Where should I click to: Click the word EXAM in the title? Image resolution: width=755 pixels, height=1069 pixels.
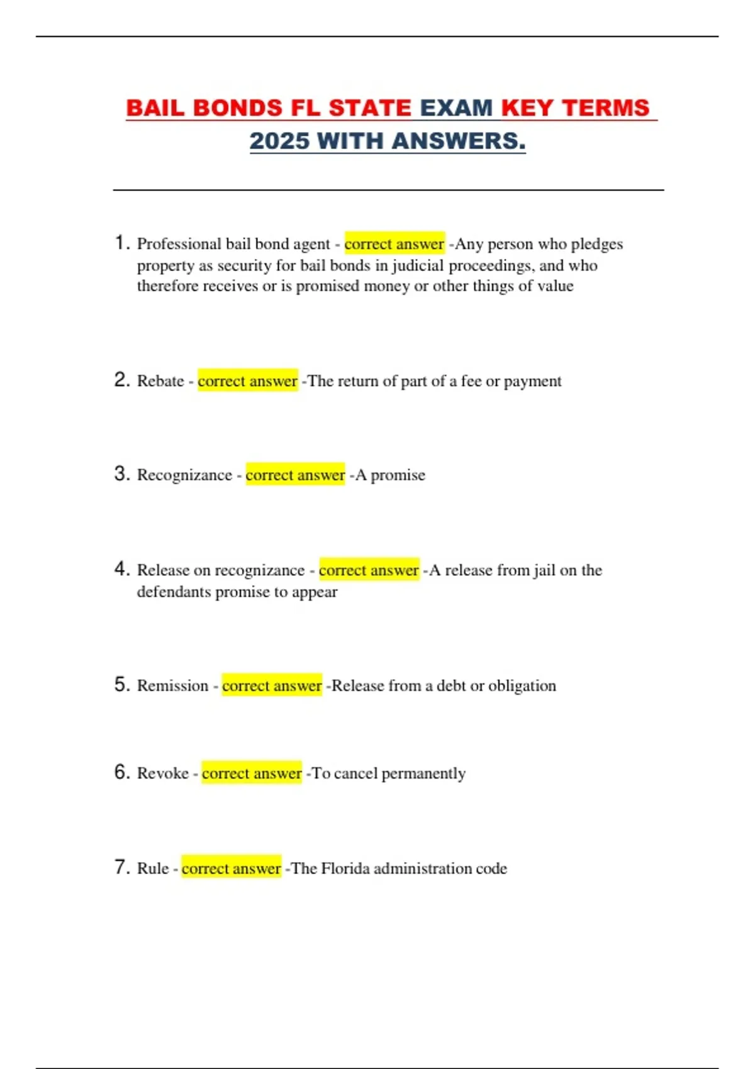pyautogui.click(x=456, y=108)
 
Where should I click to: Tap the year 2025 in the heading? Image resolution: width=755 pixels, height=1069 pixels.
pyautogui.click(x=279, y=141)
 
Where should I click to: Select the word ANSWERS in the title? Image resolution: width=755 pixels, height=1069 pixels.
pyautogui.click(x=459, y=141)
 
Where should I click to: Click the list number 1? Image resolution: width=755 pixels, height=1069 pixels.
pyautogui.click(x=122, y=243)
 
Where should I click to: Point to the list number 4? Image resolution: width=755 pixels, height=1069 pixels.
pyautogui.click(x=122, y=569)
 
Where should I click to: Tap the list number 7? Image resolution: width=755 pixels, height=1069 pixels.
pyautogui.click(x=122, y=867)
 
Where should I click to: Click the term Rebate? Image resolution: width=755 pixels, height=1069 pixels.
pyautogui.click(x=160, y=381)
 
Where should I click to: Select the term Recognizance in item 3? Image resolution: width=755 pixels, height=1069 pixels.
pyautogui.click(x=184, y=475)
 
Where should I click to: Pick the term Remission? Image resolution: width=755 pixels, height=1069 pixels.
pyautogui.click(x=172, y=685)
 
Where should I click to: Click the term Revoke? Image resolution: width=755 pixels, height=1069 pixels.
pyautogui.click(x=162, y=773)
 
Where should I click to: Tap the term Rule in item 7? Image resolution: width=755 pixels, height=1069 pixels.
pyautogui.click(x=153, y=868)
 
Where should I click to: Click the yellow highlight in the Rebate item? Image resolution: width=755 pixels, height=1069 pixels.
pyautogui.click(x=247, y=381)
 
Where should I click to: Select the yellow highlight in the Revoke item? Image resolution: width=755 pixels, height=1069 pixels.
pyautogui.click(x=252, y=773)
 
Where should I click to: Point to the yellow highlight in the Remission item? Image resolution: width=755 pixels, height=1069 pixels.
pyautogui.click(x=272, y=685)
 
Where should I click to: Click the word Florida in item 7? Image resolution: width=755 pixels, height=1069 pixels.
pyautogui.click(x=345, y=868)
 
